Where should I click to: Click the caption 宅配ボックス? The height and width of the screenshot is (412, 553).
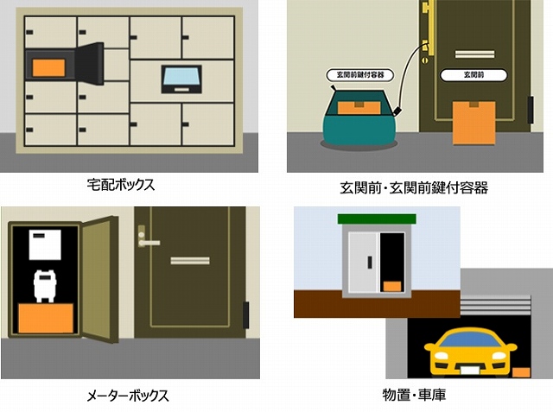121,185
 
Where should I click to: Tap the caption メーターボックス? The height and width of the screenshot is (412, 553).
128,396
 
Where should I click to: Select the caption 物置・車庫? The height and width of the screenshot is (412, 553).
414,395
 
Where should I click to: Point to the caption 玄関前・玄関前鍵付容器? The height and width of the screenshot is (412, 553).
414,187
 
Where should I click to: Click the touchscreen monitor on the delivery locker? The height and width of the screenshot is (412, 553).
181,79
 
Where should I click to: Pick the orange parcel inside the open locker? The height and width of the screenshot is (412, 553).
48,67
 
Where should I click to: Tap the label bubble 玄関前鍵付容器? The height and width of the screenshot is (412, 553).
359,75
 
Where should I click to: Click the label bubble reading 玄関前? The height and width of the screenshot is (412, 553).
474,75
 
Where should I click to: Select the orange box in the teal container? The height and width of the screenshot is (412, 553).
359,107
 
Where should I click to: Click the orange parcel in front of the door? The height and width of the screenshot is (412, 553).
474,123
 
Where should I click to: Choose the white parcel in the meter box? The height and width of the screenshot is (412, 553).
45,244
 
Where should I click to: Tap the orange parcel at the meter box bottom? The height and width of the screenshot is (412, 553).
46,318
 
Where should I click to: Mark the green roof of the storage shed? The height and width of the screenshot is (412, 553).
377,219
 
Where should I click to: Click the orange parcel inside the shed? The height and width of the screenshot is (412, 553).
391,286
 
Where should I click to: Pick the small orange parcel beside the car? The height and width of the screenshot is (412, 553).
521,372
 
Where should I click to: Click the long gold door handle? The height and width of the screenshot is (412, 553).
430,28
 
